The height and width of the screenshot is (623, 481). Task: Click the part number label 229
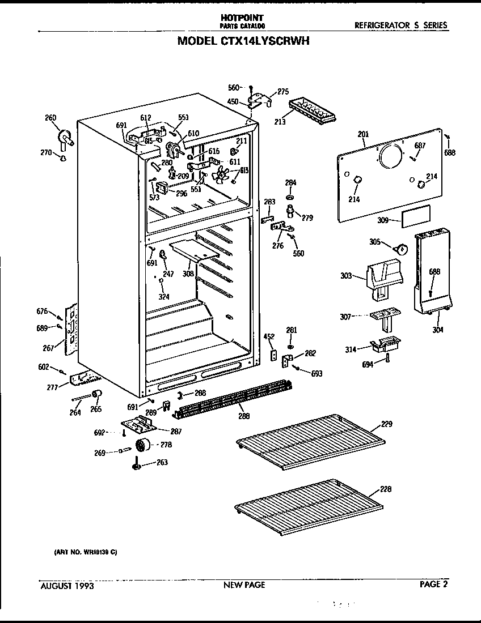(386, 424)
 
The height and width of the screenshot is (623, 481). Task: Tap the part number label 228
(386, 489)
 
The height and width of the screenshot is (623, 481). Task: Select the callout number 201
(363, 134)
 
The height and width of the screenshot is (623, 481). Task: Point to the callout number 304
(438, 330)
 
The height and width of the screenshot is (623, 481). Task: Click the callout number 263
(162, 462)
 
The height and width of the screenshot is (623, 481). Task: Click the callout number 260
(50, 118)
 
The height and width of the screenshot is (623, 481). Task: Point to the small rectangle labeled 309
(416, 216)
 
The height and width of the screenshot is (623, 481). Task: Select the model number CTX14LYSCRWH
(243, 41)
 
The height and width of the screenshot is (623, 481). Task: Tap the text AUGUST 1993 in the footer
(67, 586)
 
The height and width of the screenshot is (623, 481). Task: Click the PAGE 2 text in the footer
(434, 584)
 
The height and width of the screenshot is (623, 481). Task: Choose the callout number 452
(269, 336)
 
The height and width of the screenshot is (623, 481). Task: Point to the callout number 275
(283, 91)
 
